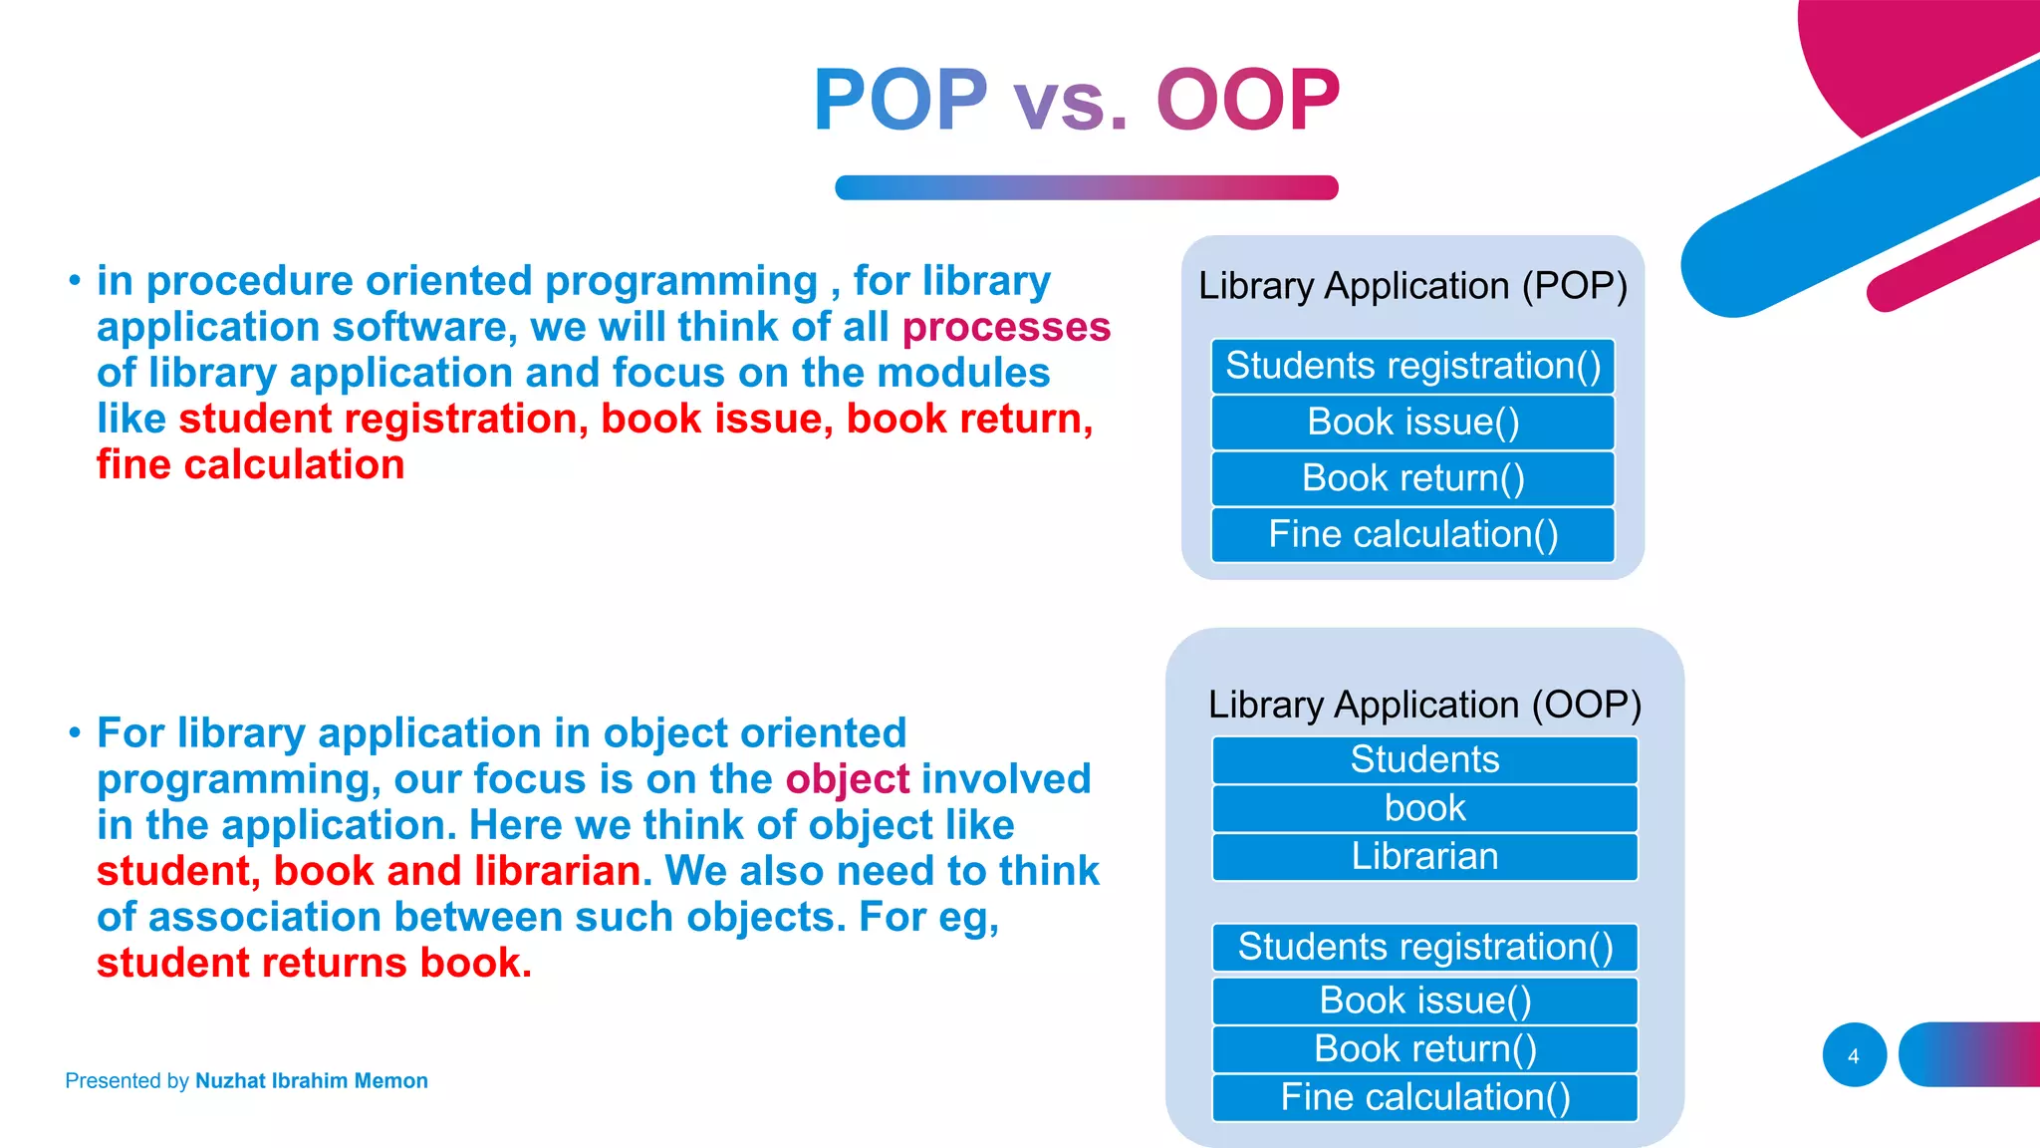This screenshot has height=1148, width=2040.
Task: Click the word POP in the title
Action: click(x=899, y=100)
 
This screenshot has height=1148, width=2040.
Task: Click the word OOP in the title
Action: click(x=1247, y=100)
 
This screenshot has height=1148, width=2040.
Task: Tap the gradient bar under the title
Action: click(x=1086, y=187)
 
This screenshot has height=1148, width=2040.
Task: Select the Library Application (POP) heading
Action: click(x=1412, y=286)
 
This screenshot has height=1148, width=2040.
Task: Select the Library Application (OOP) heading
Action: click(x=1424, y=705)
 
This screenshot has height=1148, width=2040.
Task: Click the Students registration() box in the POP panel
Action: click(x=1412, y=366)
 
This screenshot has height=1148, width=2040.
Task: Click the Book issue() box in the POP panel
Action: click(x=1412, y=423)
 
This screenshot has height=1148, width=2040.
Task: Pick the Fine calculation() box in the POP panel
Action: click(x=1412, y=535)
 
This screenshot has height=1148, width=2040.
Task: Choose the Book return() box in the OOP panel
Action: click(x=1424, y=1049)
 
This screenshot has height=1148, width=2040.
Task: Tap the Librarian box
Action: click(x=1424, y=857)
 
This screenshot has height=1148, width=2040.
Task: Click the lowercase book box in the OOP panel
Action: click(x=1424, y=808)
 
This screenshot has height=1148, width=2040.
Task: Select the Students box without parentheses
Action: click(x=1424, y=760)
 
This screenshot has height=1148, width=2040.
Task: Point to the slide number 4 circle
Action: click(x=1854, y=1055)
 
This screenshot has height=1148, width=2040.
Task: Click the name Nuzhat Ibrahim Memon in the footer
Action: click(x=311, y=1081)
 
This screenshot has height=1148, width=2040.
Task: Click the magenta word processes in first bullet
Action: click(x=1006, y=328)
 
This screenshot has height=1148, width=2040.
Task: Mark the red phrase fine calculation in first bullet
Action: click(x=250, y=465)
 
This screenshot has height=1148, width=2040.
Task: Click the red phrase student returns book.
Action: click(x=314, y=964)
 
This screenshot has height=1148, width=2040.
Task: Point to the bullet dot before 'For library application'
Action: click(x=75, y=733)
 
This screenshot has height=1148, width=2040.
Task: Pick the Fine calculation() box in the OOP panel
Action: click(x=1424, y=1097)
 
